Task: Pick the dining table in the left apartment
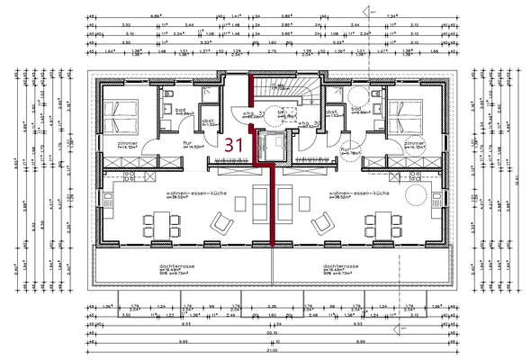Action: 157,222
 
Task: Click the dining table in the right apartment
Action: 379,222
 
